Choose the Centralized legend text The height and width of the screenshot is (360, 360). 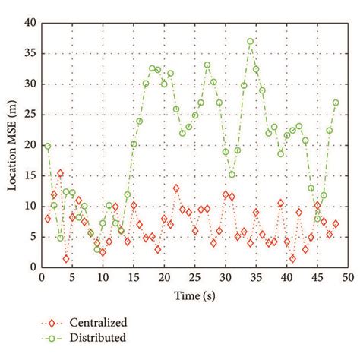97,322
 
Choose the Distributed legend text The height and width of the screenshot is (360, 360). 96,336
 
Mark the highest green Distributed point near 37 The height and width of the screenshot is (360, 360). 250,41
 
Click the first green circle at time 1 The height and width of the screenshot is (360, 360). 47,146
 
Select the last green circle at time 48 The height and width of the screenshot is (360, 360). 336,103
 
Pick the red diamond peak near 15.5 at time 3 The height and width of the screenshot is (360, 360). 60,173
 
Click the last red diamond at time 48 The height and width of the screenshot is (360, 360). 336,224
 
